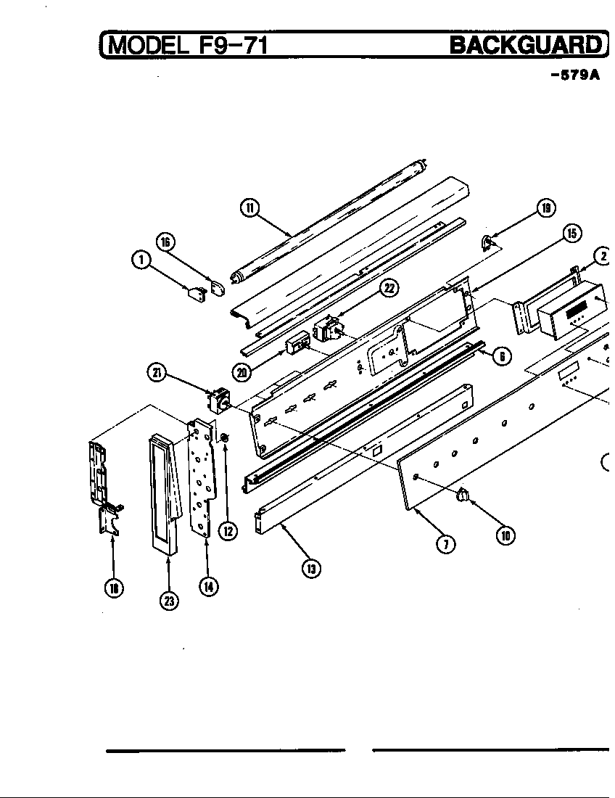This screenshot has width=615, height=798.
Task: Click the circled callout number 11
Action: tap(249, 208)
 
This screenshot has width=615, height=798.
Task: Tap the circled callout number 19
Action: tap(545, 209)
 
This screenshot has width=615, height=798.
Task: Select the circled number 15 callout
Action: tap(571, 233)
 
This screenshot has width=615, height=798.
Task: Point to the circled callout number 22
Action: tap(389, 288)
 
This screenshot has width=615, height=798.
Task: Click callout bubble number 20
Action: tap(241, 373)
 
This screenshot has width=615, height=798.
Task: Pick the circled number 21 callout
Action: tap(156, 374)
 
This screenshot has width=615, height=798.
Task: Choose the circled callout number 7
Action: tap(449, 545)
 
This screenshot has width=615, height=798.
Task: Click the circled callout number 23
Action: tap(169, 601)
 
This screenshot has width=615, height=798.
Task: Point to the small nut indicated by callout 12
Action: tap(224, 437)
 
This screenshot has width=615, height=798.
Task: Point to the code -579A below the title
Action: tap(575, 75)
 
